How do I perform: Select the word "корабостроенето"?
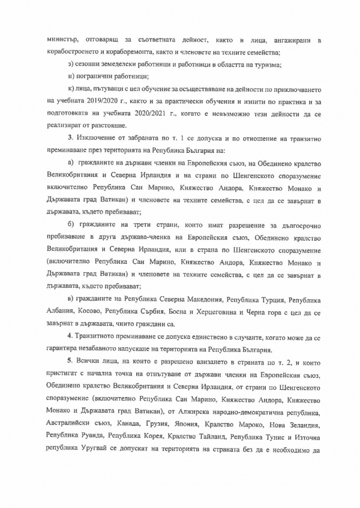pos(76,52)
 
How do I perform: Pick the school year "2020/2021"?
pos(137,113)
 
